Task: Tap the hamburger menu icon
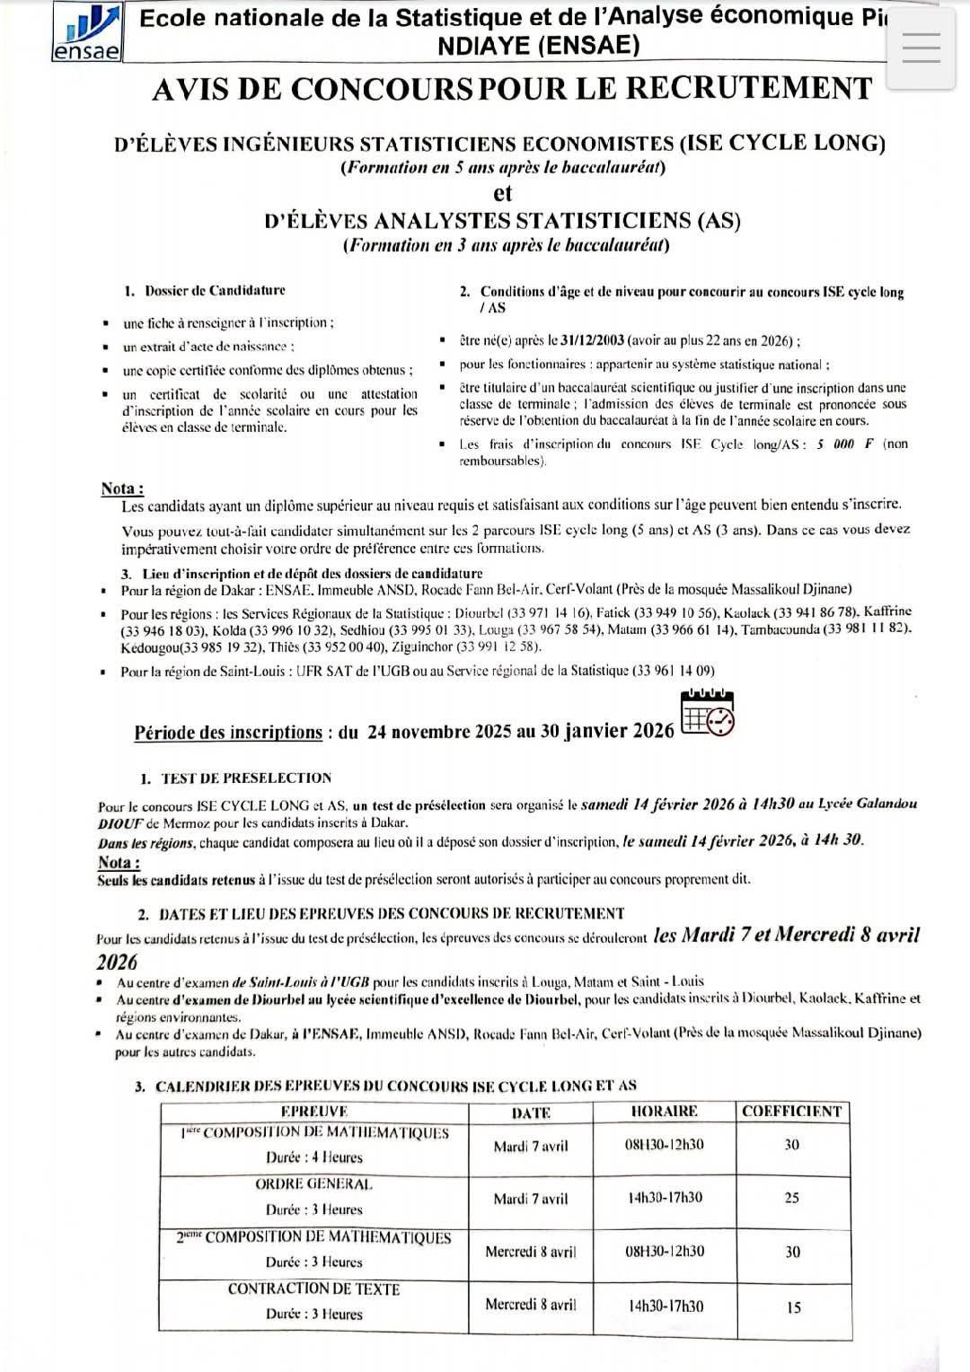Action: pyautogui.click(x=921, y=47)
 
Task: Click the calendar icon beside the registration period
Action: pyautogui.click(x=708, y=714)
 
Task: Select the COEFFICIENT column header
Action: pyautogui.click(x=792, y=1112)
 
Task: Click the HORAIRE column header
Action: pyautogui.click(x=665, y=1112)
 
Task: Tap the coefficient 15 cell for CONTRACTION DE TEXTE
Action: pyautogui.click(x=793, y=1307)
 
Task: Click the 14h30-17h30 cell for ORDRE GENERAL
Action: pyautogui.click(x=665, y=1198)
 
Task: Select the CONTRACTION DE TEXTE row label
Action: pyautogui.click(x=313, y=1289)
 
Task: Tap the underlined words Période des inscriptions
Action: pyautogui.click(x=228, y=733)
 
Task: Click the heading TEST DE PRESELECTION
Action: pyautogui.click(x=246, y=778)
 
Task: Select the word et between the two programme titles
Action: pyautogui.click(x=503, y=193)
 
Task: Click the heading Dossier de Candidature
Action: pyautogui.click(x=215, y=291)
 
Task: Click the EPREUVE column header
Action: pyautogui.click(x=313, y=1112)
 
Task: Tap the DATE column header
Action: pyautogui.click(x=531, y=1113)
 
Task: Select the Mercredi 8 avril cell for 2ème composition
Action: pyautogui.click(x=531, y=1252)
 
